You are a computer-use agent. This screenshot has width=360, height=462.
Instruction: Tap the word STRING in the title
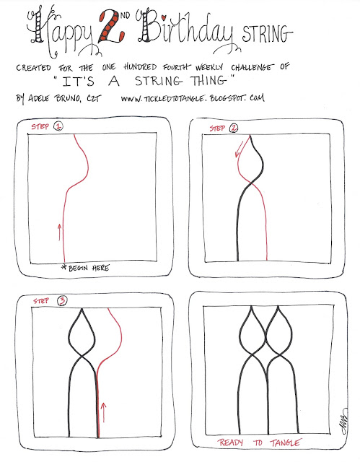[267, 34]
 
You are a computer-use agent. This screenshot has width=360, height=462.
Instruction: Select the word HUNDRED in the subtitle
[140, 67]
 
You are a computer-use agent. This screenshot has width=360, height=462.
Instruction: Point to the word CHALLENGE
[252, 67]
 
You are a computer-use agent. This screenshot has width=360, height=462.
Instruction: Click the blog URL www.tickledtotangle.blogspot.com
[193, 98]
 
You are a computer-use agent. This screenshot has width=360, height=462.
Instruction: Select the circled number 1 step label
[58, 126]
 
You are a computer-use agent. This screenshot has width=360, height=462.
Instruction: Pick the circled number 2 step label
[234, 128]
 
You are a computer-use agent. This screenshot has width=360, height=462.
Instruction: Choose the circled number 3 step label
[62, 300]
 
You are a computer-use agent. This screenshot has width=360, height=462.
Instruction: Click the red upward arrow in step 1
[59, 232]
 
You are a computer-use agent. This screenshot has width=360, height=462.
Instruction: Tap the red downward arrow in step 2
[239, 149]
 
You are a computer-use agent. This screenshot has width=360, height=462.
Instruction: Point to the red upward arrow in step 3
[103, 412]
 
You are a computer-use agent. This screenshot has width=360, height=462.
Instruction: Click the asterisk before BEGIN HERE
[64, 266]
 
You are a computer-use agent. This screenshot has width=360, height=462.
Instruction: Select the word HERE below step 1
[101, 268]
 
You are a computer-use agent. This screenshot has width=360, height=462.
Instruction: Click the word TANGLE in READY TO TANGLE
[285, 443]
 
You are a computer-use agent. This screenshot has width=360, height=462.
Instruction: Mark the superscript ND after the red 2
[125, 15]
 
